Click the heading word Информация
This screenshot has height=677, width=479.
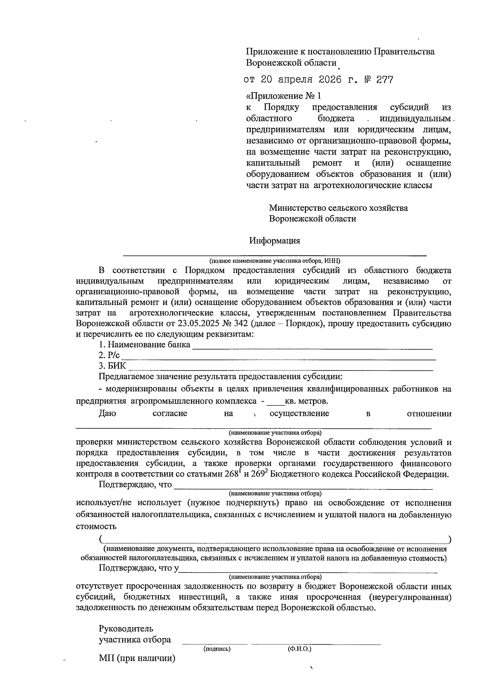pyautogui.click(x=275, y=241)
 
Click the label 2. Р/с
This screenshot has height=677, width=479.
pyautogui.click(x=109, y=355)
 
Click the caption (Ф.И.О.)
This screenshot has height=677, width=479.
pyautogui.click(x=299, y=649)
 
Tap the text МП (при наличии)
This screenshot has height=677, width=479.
pyautogui.click(x=137, y=658)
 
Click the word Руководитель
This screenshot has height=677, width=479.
pyautogui.click(x=126, y=629)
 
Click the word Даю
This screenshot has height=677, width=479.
pyautogui.click(x=107, y=414)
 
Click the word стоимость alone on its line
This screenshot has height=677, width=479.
pyautogui.click(x=96, y=526)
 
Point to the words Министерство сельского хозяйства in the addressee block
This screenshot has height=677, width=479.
pyautogui.click(x=338, y=208)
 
